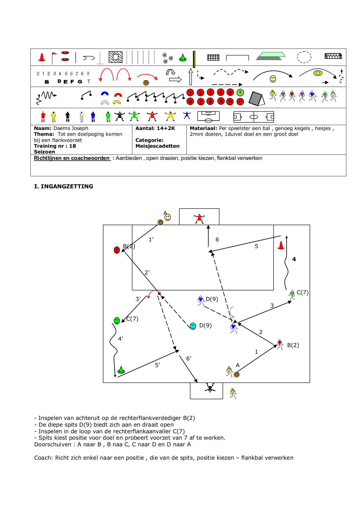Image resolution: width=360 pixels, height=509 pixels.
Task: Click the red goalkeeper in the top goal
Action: coord(199,219)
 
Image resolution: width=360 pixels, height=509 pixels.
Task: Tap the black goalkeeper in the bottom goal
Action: coord(210,387)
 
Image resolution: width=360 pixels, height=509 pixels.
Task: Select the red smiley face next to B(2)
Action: coord(117,250)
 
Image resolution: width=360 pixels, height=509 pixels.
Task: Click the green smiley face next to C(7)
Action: coord(117,321)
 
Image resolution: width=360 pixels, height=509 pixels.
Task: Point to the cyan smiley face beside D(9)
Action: coord(193,326)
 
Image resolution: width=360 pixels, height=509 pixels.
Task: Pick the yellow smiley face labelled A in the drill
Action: coord(168,217)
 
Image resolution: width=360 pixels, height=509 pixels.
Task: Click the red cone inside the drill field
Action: coord(281,246)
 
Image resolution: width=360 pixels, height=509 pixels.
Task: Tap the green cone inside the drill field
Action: coord(121,370)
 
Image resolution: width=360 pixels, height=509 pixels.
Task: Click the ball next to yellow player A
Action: coord(236,375)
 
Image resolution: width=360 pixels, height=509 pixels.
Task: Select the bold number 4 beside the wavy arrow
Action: coord(294,259)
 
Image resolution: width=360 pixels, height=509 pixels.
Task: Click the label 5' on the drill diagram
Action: coord(158,365)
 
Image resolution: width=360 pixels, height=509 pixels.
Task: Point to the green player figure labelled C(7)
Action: coord(292,295)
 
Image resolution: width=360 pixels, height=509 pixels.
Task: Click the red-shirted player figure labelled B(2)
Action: coord(280,344)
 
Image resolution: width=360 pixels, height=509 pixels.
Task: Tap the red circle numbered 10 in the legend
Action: coord(230,102)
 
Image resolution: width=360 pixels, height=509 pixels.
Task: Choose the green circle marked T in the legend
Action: coord(240,93)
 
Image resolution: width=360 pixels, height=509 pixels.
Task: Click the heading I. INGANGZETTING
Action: coord(64,187)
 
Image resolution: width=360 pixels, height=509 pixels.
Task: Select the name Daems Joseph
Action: coord(71,128)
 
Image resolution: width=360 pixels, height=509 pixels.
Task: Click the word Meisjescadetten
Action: coord(157,146)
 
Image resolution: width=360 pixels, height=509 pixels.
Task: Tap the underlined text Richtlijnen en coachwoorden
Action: coord(72,158)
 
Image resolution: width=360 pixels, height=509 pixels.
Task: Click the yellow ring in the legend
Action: coord(318,73)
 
